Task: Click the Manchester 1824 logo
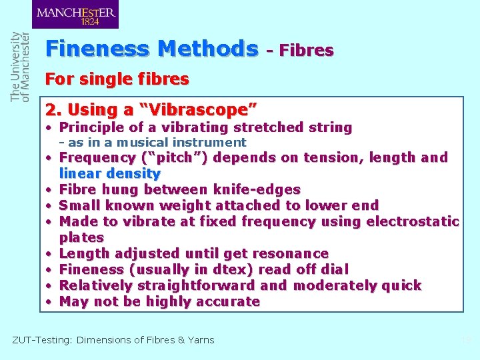[x=75, y=14]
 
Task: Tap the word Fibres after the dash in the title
[x=306, y=50]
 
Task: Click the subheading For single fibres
[x=117, y=80]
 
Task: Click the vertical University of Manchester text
[x=20, y=67]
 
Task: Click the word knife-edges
[x=257, y=189]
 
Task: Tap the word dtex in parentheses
[x=231, y=269]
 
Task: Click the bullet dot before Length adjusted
[x=50, y=254]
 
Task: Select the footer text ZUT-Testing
[x=42, y=340]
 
